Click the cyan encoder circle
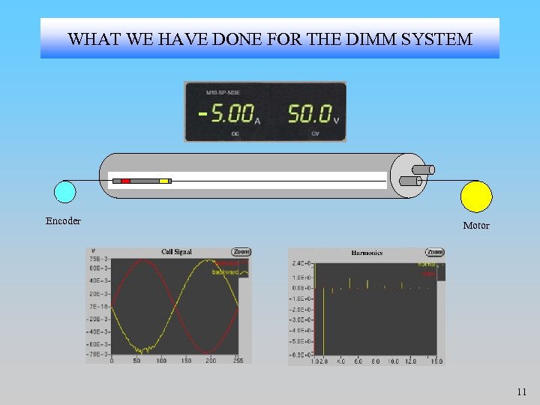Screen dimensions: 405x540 tap(65, 192)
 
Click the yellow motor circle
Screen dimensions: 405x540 tap(476, 196)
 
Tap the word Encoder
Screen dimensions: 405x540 tap(63, 221)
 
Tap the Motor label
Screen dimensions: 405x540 tap(476, 226)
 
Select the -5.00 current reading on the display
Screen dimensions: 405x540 tap(227, 114)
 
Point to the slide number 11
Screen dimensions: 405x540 tap(522, 391)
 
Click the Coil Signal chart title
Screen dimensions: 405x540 tap(176, 252)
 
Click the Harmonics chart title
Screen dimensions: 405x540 tap(367, 253)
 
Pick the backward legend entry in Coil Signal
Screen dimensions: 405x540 tap(224, 271)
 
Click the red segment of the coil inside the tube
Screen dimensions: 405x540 tap(125, 181)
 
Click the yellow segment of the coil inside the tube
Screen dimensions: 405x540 tap(163, 181)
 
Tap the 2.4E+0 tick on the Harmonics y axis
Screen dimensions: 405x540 tap(303, 264)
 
